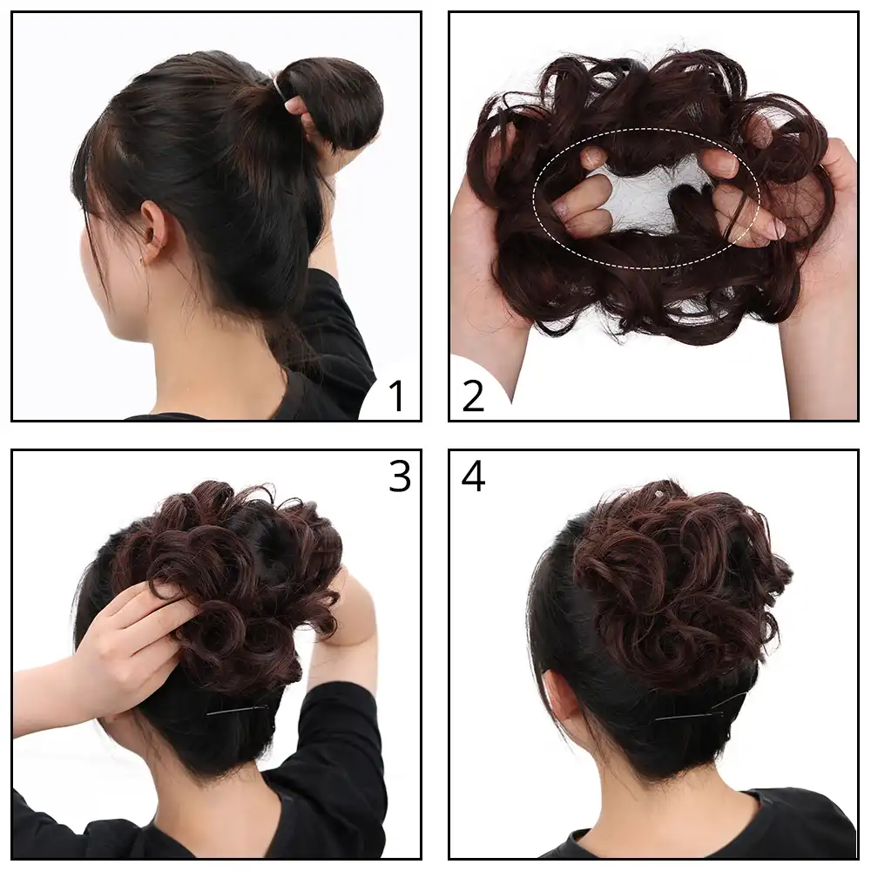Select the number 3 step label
click(x=399, y=476)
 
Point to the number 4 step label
click(x=473, y=476)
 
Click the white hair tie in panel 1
click(x=280, y=84)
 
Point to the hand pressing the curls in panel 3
click(x=139, y=636)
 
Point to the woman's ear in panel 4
click(x=558, y=692)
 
